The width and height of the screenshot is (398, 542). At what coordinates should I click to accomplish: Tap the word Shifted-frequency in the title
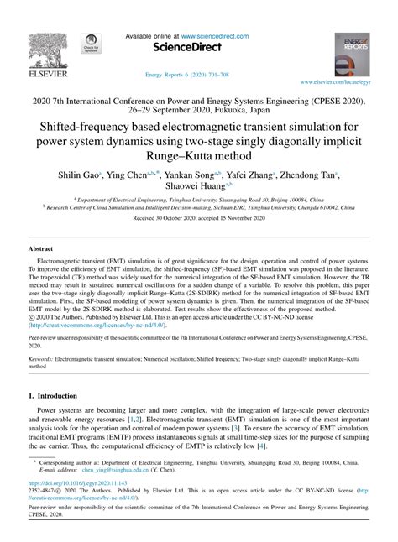[x=106, y=123]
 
